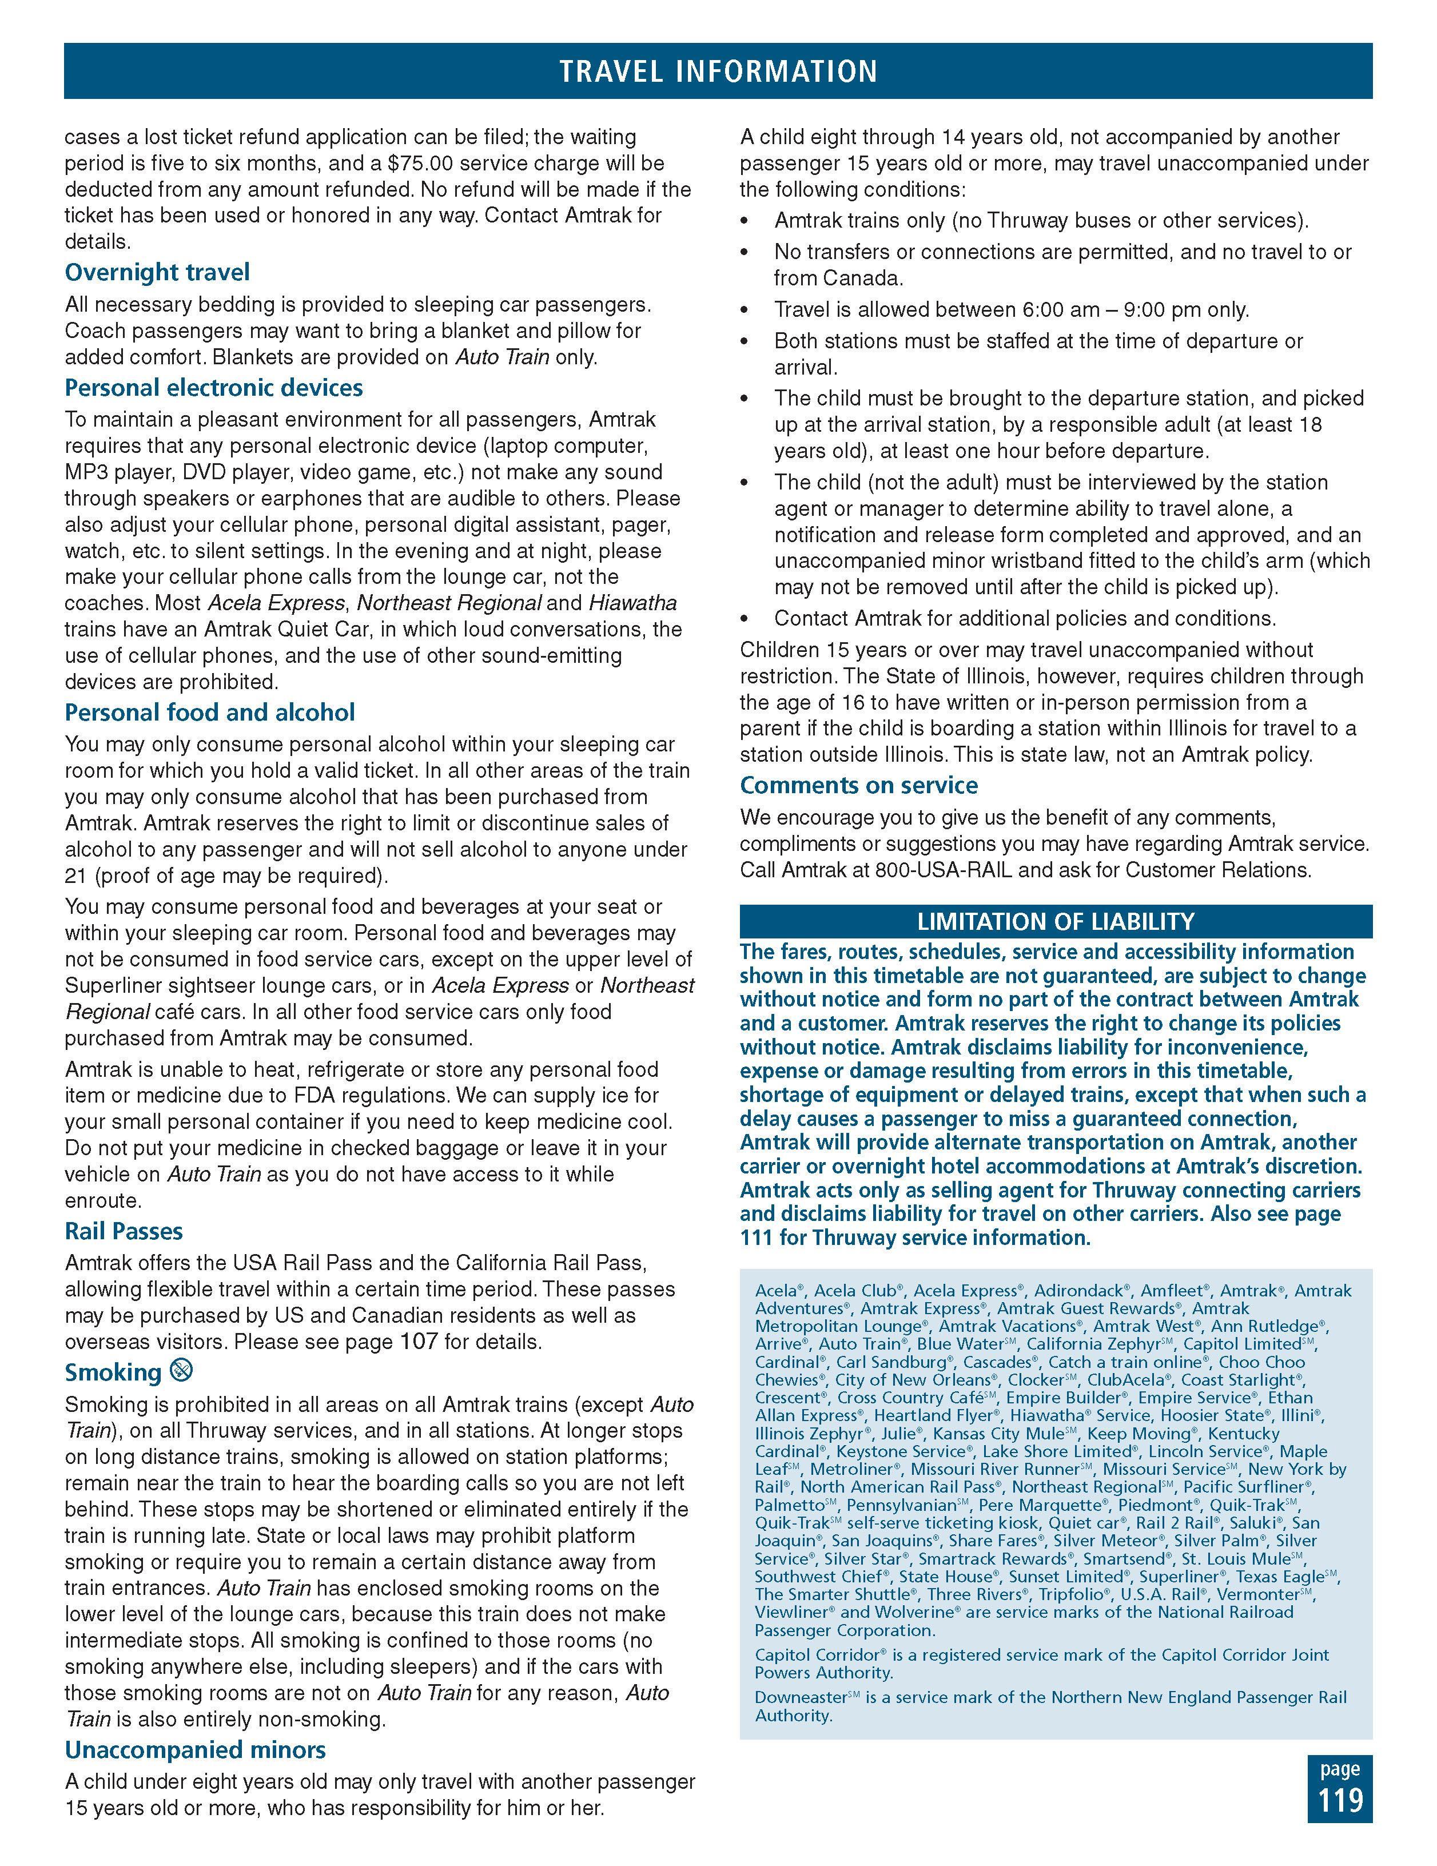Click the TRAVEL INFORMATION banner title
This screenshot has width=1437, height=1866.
(x=718, y=71)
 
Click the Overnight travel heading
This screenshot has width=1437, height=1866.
(x=157, y=273)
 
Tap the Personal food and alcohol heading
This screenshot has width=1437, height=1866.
(x=209, y=713)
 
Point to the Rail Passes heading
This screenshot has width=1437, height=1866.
(x=124, y=1231)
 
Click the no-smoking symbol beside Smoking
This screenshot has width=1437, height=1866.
(x=181, y=1371)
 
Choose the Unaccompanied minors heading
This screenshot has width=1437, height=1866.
(x=195, y=1750)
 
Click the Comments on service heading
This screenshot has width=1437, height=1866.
(x=859, y=785)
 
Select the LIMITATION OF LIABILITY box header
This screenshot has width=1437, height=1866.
(x=1055, y=921)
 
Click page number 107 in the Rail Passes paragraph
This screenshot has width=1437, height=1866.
(x=419, y=1342)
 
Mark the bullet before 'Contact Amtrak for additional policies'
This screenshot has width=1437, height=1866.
(x=746, y=619)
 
